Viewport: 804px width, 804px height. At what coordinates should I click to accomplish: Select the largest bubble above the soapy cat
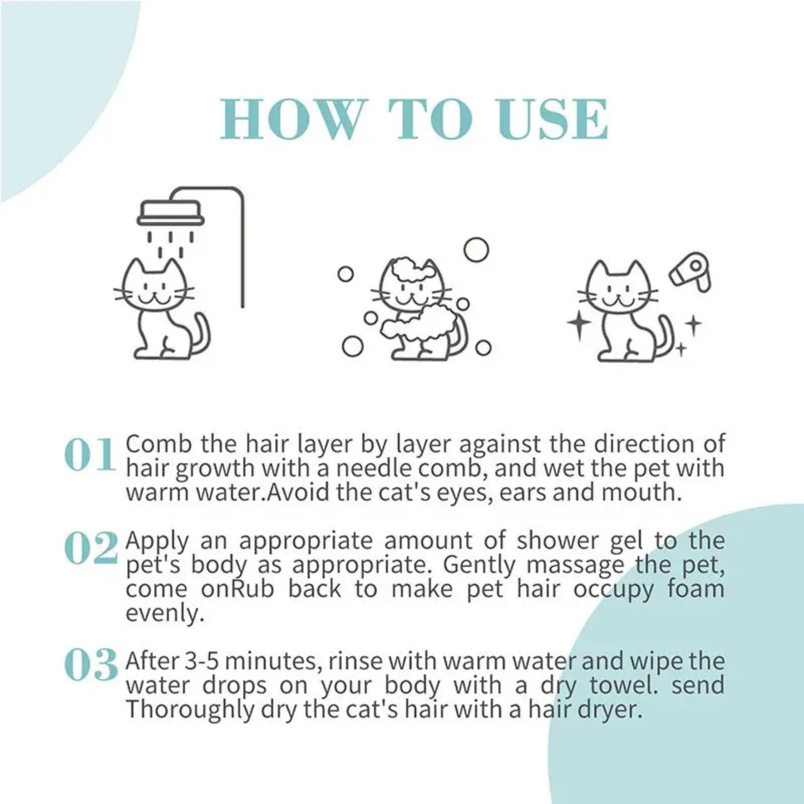point(476,250)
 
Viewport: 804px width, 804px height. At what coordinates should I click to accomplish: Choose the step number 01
point(90,455)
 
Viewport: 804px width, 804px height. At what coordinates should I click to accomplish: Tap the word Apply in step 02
point(157,541)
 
